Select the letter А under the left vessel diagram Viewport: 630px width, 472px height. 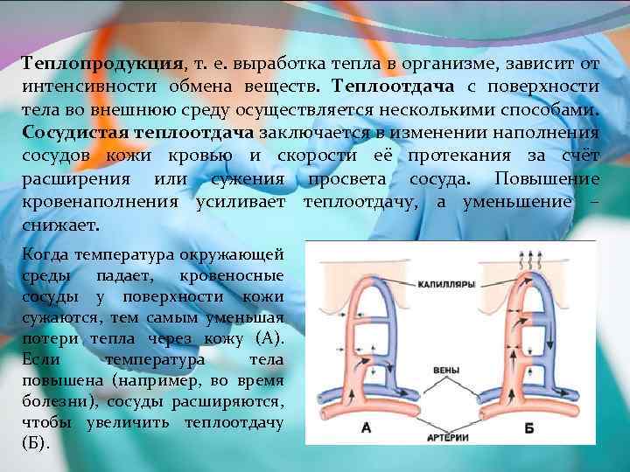click(366, 428)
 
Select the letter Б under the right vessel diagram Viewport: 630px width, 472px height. click(528, 428)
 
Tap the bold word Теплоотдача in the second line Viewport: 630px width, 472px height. click(386, 87)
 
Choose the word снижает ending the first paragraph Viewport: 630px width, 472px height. click(59, 224)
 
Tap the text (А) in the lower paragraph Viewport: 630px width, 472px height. click(268, 338)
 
